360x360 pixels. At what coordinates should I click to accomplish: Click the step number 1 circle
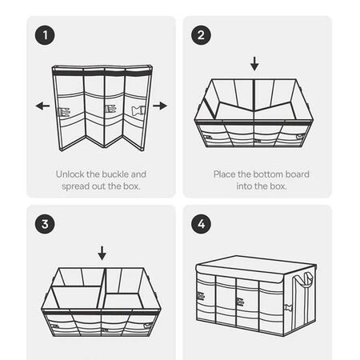[45, 35]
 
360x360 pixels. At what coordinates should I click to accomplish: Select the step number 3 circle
[45, 224]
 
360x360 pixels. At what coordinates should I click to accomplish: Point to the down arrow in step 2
[254, 63]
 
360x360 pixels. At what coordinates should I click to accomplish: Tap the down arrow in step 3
[102, 253]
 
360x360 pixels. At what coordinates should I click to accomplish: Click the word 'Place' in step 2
[226, 174]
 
